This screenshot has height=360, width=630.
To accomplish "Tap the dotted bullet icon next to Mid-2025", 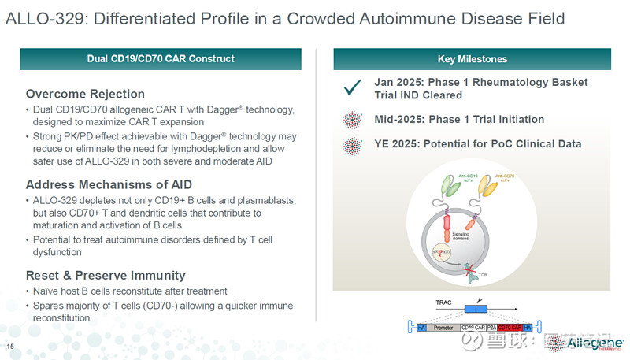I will click(352, 120).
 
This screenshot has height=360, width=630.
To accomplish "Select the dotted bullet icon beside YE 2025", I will click(352, 144).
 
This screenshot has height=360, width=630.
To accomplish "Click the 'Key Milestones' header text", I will click(472, 59).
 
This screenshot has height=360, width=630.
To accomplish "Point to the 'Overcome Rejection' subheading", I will click(85, 94).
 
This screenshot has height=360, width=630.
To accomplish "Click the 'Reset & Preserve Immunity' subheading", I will click(106, 275).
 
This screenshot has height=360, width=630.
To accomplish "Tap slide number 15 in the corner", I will click(10, 347).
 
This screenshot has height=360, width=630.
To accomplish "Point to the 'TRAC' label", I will click(445, 302).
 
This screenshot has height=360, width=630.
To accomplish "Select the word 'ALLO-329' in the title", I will click(38, 18).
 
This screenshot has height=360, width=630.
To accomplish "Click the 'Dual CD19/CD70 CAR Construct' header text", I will click(161, 59).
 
